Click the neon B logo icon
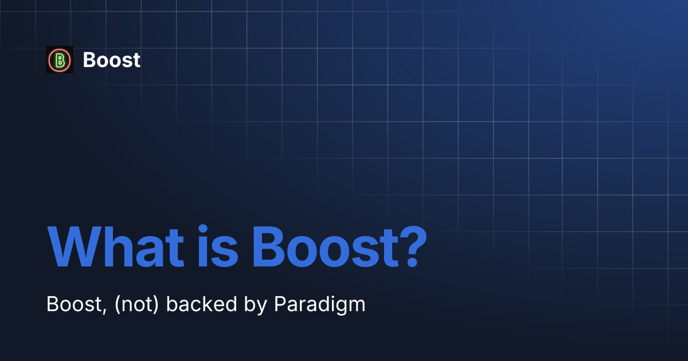tap(60, 60)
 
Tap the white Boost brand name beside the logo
tap(111, 60)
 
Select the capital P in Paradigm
tap(279, 304)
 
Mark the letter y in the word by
tap(263, 307)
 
